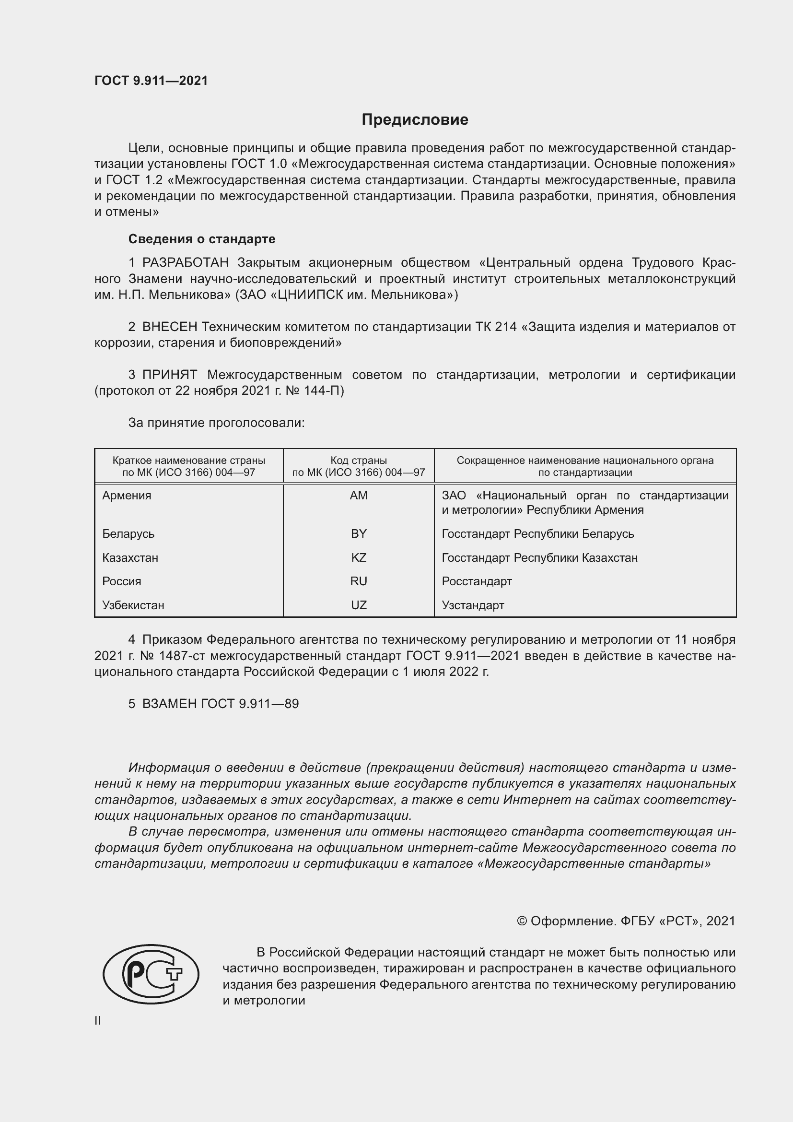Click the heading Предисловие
[415, 120]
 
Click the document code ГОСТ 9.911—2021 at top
[151, 81]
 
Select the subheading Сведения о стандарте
[202, 239]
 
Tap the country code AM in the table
[359, 496]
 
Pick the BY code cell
[359, 533]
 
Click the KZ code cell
[359, 557]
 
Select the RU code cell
[359, 581]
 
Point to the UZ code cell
[359, 605]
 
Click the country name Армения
[127, 496]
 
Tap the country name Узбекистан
[133, 605]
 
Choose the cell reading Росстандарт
[477, 581]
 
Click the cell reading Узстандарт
[473, 605]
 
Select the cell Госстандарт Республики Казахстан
[539, 557]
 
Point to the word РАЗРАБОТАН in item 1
[186, 263]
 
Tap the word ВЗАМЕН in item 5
[169, 704]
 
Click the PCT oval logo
[151, 974]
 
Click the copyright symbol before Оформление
[522, 921]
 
